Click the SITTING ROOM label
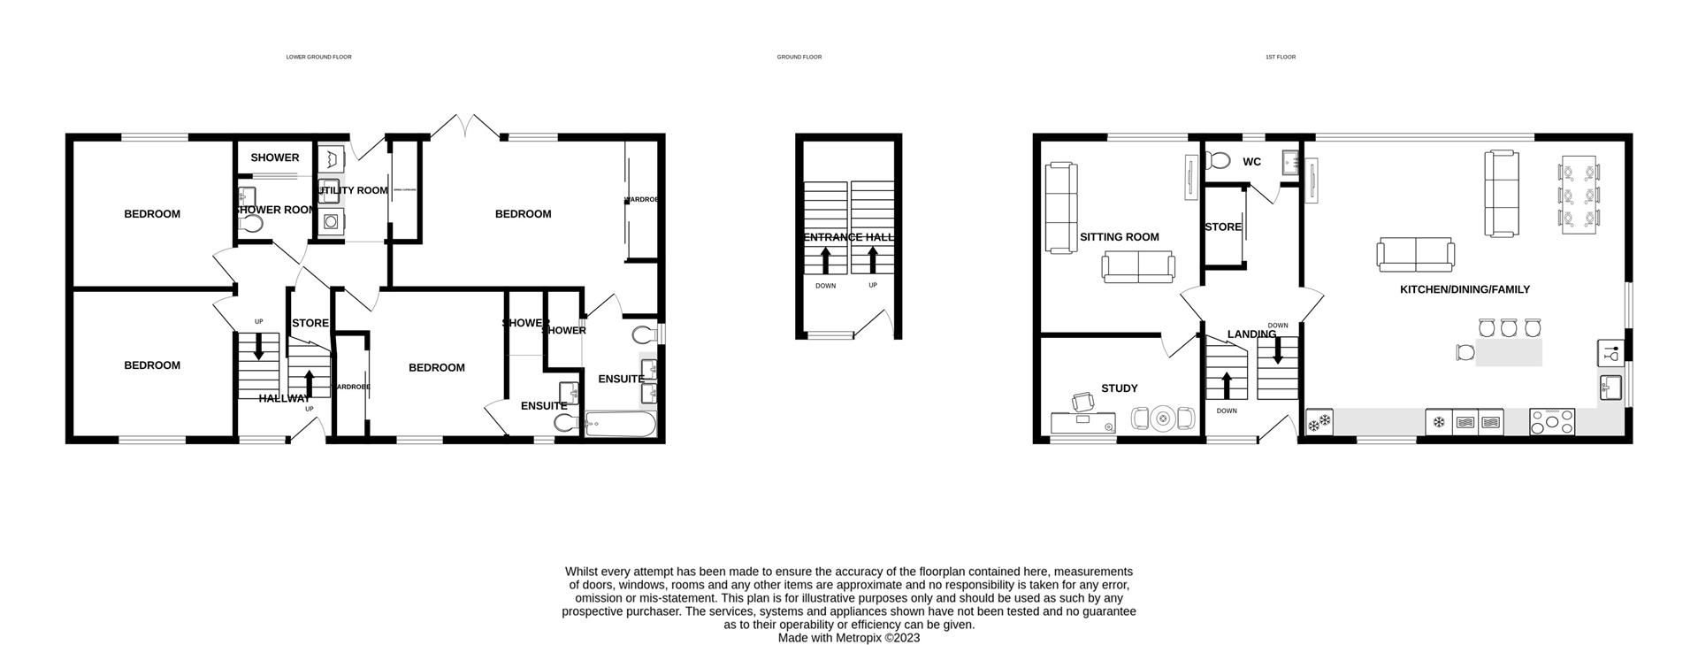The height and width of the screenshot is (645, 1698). click(1119, 237)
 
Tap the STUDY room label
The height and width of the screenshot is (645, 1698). click(1119, 388)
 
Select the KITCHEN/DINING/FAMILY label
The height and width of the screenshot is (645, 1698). click(1464, 290)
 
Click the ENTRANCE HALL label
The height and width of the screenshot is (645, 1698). click(849, 237)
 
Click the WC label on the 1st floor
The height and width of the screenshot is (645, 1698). click(1251, 162)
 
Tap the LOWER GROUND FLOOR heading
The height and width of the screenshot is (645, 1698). click(318, 57)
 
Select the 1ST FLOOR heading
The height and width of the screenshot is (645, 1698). click(1280, 57)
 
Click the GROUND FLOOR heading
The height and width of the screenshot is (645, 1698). click(799, 57)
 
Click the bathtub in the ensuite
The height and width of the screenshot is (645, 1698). click(621, 426)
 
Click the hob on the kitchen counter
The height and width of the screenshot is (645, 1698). click(1552, 422)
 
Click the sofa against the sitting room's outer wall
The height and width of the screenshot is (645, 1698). click(1060, 207)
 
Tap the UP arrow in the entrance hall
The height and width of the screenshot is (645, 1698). click(873, 259)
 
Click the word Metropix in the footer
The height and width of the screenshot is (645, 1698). click(855, 638)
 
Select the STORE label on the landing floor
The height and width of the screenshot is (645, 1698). click(1223, 227)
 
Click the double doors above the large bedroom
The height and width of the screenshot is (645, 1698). click(470, 126)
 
